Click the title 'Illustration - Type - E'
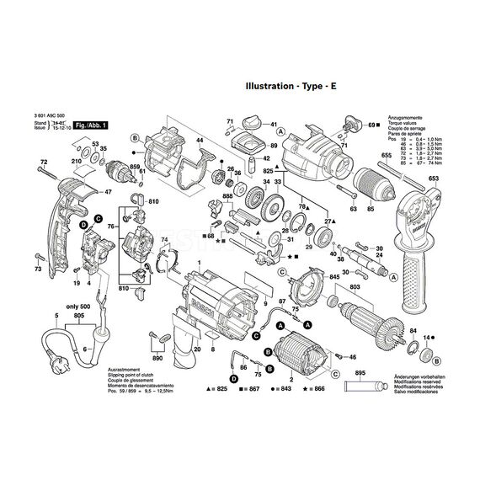[x=291, y=86]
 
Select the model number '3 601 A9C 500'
[x=53, y=117]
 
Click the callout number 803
[x=355, y=288]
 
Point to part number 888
[x=227, y=195]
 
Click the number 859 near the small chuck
[x=133, y=167]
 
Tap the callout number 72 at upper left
[x=45, y=161]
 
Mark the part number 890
[x=157, y=359]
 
